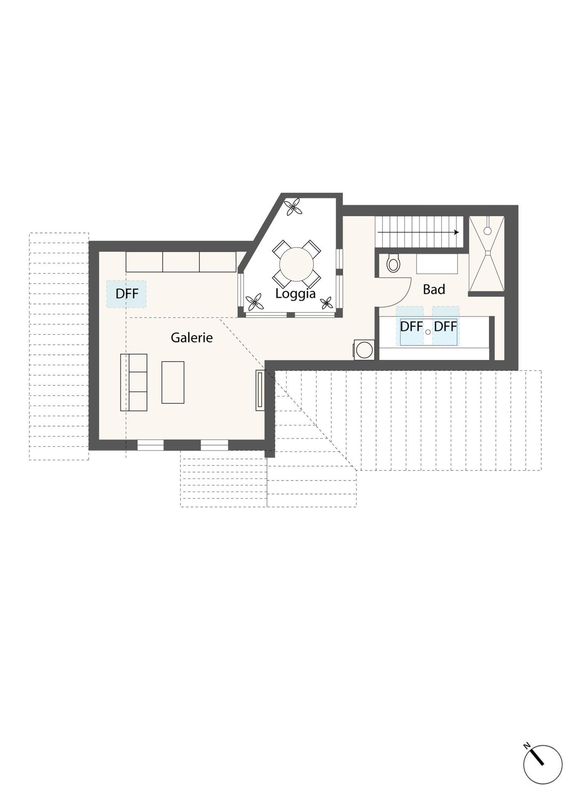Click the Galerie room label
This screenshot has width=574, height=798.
(x=191, y=337)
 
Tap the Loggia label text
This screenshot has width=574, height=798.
(x=295, y=294)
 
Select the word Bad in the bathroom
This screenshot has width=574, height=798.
(x=434, y=289)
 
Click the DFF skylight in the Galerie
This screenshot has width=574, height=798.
(x=127, y=294)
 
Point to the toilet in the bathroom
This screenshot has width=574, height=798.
(x=393, y=263)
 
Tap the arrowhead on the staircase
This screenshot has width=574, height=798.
(x=456, y=232)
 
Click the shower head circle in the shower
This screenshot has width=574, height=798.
(x=488, y=231)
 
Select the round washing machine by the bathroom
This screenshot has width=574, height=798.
(x=364, y=350)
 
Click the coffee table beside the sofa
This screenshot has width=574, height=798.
(x=173, y=382)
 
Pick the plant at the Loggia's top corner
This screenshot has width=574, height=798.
(x=293, y=207)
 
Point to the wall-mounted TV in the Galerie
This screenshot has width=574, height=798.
(x=260, y=390)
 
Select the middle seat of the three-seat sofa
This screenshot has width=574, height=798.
(x=138, y=382)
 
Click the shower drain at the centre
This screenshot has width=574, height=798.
(x=488, y=252)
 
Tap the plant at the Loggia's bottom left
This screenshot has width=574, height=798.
(x=254, y=302)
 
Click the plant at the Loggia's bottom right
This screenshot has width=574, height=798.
(x=327, y=303)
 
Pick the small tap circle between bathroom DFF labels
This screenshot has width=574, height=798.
(x=428, y=332)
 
